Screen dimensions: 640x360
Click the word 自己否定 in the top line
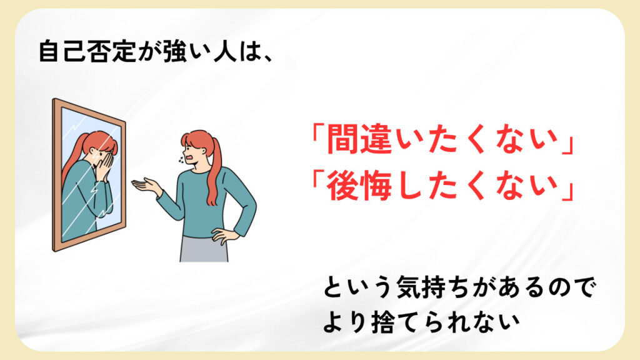(86, 51)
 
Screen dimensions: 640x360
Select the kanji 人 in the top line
(225, 51)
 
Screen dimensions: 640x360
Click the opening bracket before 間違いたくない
(317, 135)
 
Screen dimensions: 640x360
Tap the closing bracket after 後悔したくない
(567, 191)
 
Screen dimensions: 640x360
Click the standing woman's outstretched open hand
(146, 185)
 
